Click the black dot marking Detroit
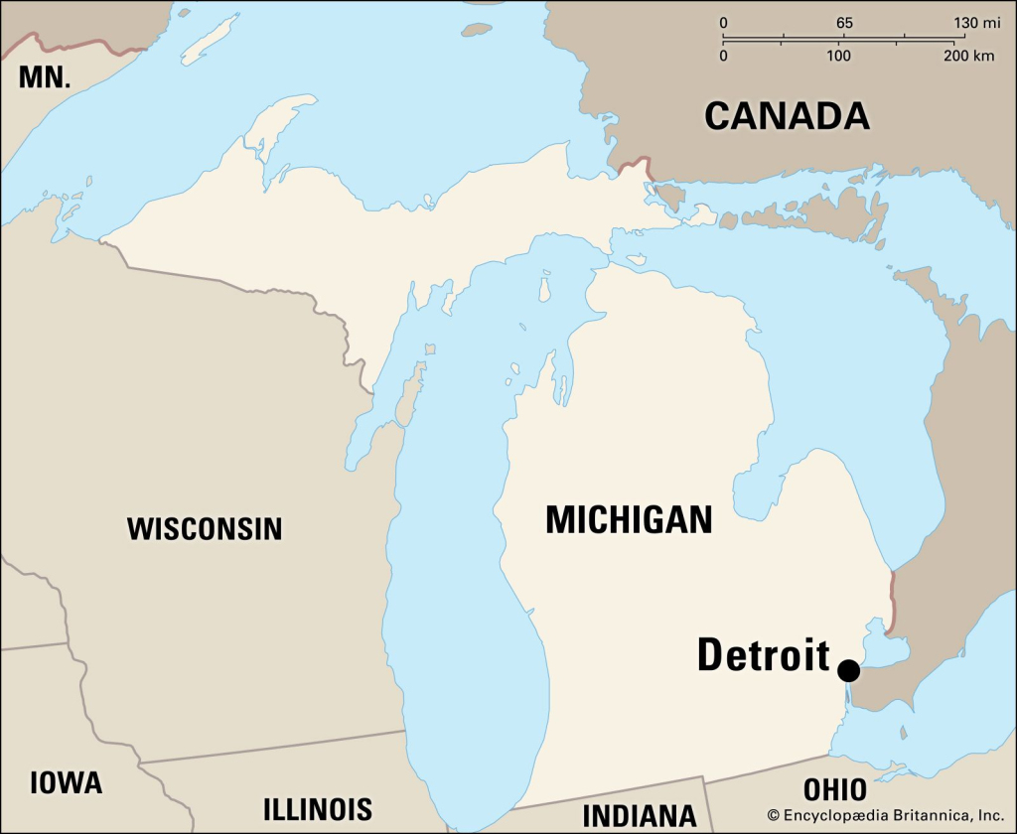[x=848, y=670]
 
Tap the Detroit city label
[x=763, y=655]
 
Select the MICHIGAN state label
[x=629, y=519]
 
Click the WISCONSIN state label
[x=205, y=529]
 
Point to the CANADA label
[x=787, y=116]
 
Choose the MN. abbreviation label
[x=45, y=77]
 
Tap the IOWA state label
[x=66, y=782]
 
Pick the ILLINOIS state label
[x=318, y=808]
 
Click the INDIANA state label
[x=640, y=815]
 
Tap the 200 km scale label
[x=968, y=56]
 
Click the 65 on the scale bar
[x=844, y=23]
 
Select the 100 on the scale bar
[x=840, y=56]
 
